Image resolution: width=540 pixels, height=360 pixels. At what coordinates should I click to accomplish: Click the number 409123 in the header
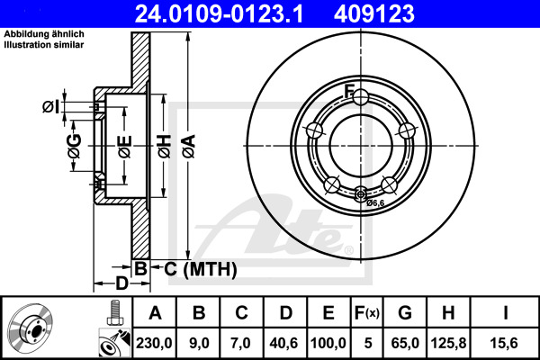pyautogui.click(x=400, y=13)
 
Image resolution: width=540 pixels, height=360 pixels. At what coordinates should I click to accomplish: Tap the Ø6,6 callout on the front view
pyautogui.click(x=375, y=203)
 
